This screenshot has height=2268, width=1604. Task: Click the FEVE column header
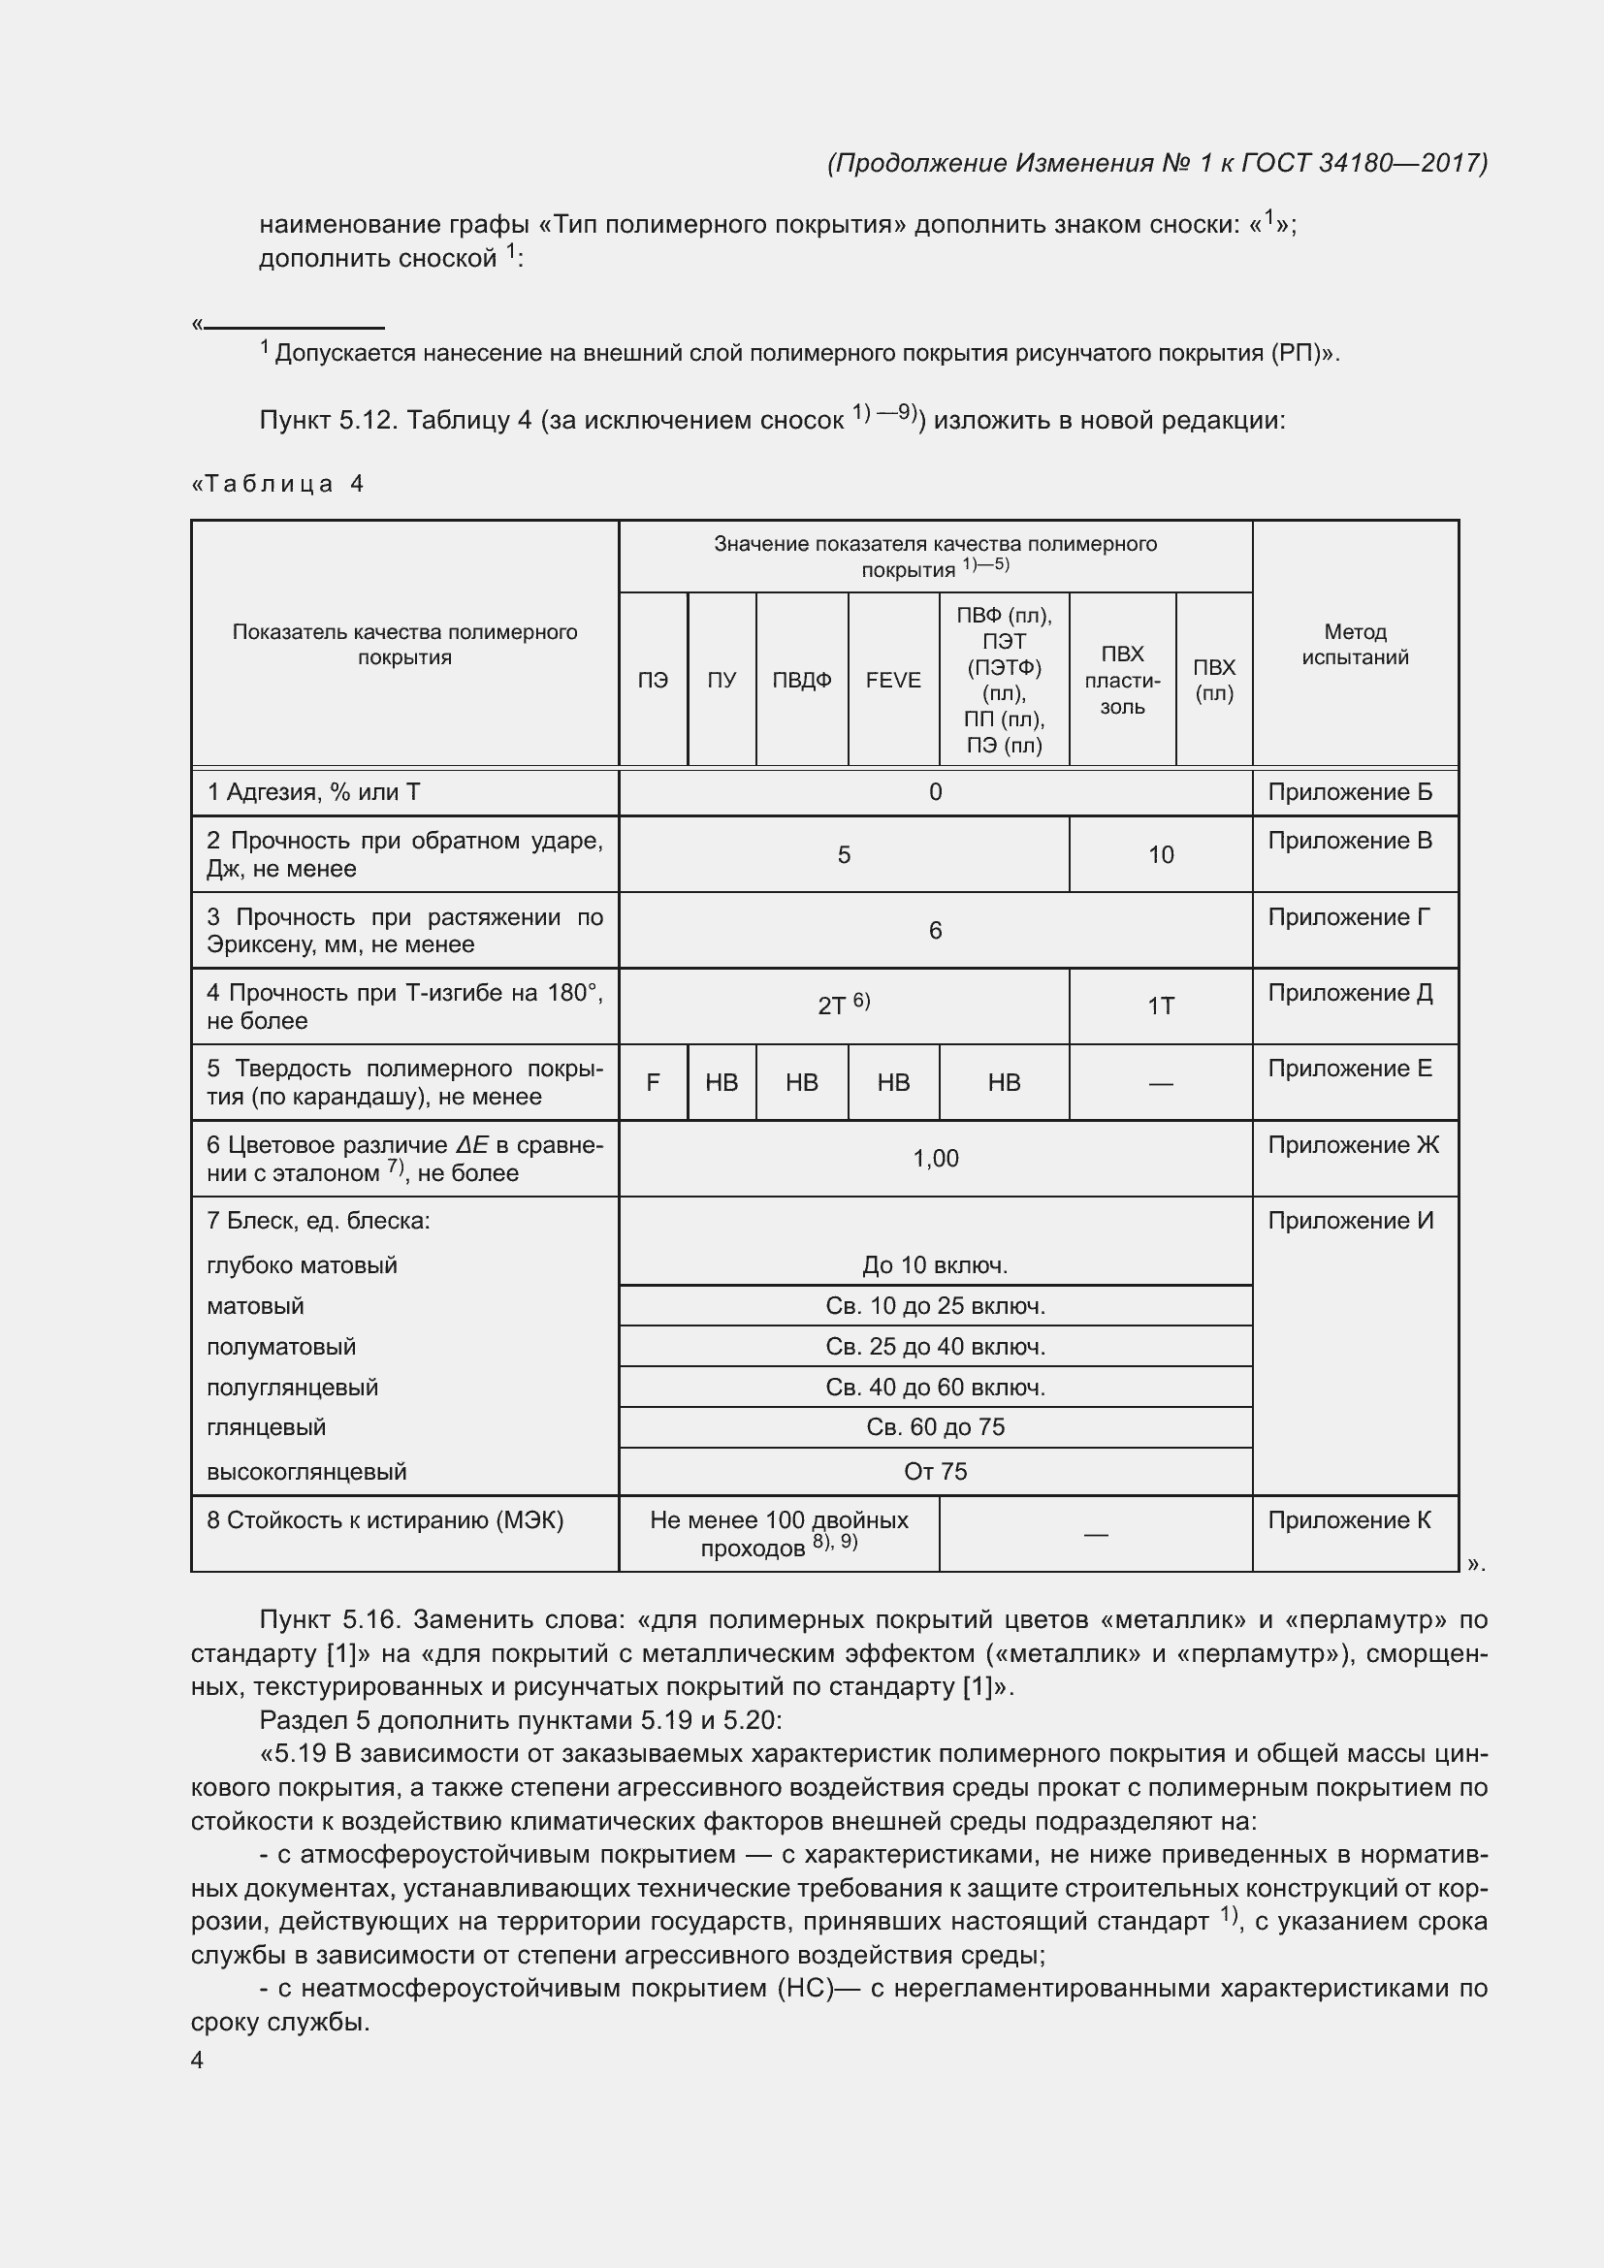pos(893,680)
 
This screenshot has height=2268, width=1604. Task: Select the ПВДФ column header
pos(801,680)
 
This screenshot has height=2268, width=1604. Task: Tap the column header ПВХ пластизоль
pos(1122,680)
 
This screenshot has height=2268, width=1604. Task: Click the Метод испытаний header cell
pos(1354,644)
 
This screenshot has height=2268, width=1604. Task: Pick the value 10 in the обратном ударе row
pos(1161,854)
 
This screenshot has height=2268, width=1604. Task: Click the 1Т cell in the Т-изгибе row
pos(1161,1006)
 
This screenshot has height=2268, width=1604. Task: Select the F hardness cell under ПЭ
pos(653,1083)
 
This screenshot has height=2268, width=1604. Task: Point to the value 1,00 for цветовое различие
pos(934,1158)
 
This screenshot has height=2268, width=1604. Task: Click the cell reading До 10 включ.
pos(934,1264)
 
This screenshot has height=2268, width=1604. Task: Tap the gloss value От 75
pos(934,1471)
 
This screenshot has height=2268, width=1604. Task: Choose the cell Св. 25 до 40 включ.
pos(934,1347)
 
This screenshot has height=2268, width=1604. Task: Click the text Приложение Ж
pos(1352,1145)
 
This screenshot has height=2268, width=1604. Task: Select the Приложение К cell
pos(1348,1520)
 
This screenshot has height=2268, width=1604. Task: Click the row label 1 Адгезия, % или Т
pos(313,792)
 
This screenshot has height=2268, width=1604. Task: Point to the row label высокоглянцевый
pos(306,1471)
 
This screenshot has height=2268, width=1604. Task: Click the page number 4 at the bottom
pos(198,2060)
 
